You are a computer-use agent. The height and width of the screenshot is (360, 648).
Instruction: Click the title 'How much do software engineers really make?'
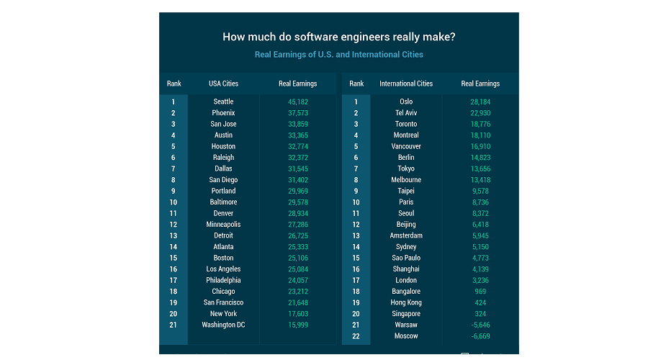(x=338, y=37)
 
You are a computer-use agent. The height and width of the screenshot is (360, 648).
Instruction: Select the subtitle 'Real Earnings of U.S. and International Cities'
(x=338, y=55)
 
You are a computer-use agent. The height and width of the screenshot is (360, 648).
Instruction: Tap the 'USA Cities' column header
(x=223, y=84)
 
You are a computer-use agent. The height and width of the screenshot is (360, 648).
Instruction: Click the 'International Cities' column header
(x=406, y=84)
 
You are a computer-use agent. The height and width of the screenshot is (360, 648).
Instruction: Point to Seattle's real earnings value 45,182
(x=297, y=102)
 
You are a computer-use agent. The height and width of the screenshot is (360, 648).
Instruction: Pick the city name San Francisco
(x=223, y=302)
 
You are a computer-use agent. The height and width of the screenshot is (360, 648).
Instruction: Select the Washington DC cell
(x=223, y=325)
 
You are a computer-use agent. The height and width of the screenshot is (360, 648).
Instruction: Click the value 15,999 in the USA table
(x=297, y=325)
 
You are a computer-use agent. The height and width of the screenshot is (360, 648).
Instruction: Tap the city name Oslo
(x=406, y=102)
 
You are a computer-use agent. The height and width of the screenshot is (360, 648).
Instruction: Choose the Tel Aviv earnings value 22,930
(x=480, y=113)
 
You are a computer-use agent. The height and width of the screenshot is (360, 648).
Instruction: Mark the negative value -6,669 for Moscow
(x=480, y=336)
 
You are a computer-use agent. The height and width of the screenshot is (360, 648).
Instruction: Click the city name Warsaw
(x=406, y=325)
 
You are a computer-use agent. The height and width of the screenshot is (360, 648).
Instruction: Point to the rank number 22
(x=356, y=336)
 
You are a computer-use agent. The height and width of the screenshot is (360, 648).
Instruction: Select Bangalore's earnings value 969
(x=480, y=292)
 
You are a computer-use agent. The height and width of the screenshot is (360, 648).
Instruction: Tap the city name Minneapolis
(x=223, y=225)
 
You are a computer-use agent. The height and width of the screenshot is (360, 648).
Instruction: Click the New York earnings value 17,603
(x=297, y=314)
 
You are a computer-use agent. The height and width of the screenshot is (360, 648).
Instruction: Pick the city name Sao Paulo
(x=406, y=258)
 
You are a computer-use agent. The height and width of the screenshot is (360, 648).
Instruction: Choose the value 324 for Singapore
(x=480, y=314)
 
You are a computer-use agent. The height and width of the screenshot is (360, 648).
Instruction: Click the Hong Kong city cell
(x=406, y=302)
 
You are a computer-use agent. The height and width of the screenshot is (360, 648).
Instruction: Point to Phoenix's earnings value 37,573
(x=297, y=113)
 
